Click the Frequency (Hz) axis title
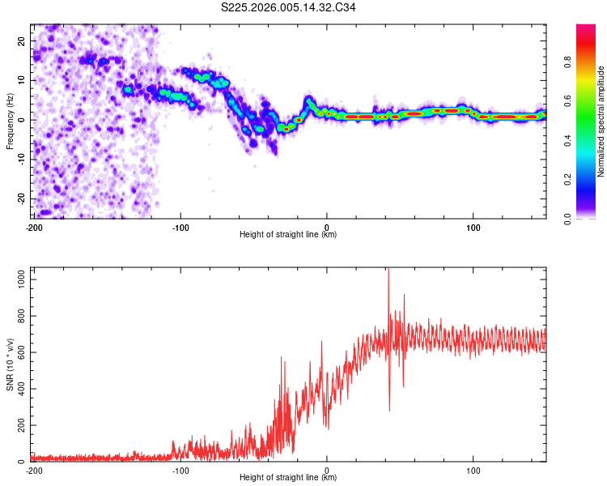(x=10, y=121)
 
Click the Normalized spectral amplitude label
(x=601, y=122)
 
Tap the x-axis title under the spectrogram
(x=288, y=235)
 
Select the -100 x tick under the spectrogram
(x=180, y=227)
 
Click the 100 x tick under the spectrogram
(x=473, y=227)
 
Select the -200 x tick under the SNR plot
(x=34, y=470)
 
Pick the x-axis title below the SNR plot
(x=288, y=478)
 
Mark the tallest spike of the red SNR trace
(x=388, y=270)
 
